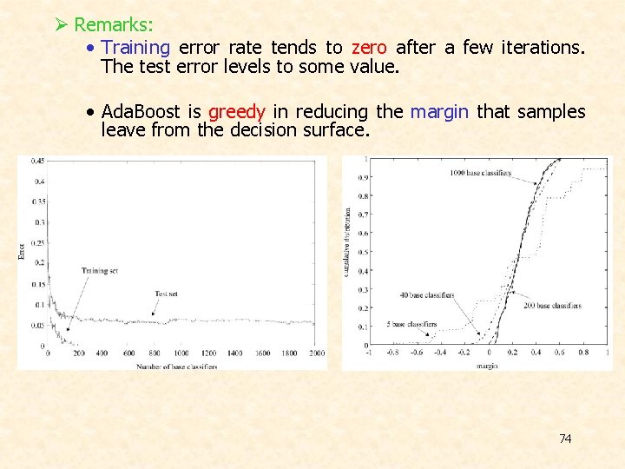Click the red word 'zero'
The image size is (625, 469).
(369, 47)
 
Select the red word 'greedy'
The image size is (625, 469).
(237, 112)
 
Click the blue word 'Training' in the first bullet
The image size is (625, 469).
(135, 47)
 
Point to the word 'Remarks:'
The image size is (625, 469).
(114, 25)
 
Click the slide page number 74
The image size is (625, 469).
(565, 439)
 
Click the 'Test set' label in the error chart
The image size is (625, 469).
(166, 294)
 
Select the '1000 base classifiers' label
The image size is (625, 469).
(480, 173)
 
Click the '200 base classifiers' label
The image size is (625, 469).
(552, 306)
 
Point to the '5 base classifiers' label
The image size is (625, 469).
(411, 325)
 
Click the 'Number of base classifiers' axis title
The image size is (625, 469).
(176, 367)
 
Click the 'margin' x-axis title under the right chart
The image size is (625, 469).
(486, 367)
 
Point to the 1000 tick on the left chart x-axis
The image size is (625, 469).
(181, 353)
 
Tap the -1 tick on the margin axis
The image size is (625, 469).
(368, 353)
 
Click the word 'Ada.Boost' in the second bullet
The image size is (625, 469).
(140, 112)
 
